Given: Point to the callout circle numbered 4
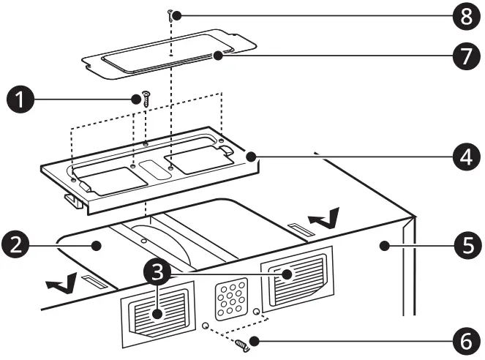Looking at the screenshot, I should coord(465,157).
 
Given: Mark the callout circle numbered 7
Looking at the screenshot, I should coord(465,57).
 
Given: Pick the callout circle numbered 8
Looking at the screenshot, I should coord(465,16).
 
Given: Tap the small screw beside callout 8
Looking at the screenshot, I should coord(170,14).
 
